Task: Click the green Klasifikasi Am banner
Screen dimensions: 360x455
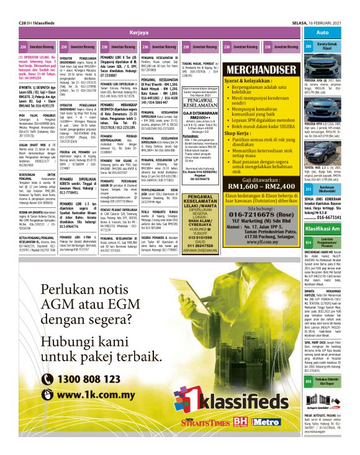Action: pos(329,229)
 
